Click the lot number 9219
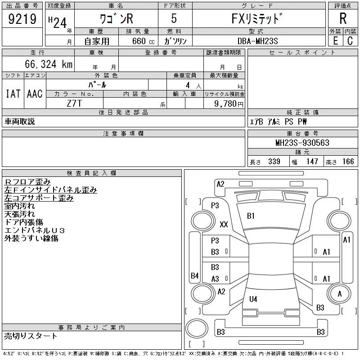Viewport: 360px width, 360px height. click(22, 18)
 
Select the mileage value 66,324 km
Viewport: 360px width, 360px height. click(49, 64)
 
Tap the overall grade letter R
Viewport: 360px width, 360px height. click(343, 18)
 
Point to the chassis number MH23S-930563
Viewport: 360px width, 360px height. click(302, 143)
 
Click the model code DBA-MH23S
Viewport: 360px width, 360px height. click(257, 41)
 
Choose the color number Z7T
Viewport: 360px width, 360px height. click(74, 103)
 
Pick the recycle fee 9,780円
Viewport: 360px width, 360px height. click(229, 104)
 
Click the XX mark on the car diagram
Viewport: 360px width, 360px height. click(224, 224)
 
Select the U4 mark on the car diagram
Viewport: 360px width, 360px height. click(253, 299)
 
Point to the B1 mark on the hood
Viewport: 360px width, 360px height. click(251, 216)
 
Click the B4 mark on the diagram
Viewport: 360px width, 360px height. click(194, 275)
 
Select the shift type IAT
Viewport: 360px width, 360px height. click(13, 94)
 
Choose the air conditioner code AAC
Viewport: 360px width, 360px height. click(35, 94)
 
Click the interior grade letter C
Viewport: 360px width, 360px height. click(350, 41)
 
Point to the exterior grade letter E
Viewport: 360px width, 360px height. click(335, 41)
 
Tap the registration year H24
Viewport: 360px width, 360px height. click(58, 22)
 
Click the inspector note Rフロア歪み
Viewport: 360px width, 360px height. click(27, 182)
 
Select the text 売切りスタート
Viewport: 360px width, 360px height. click(31, 336)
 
